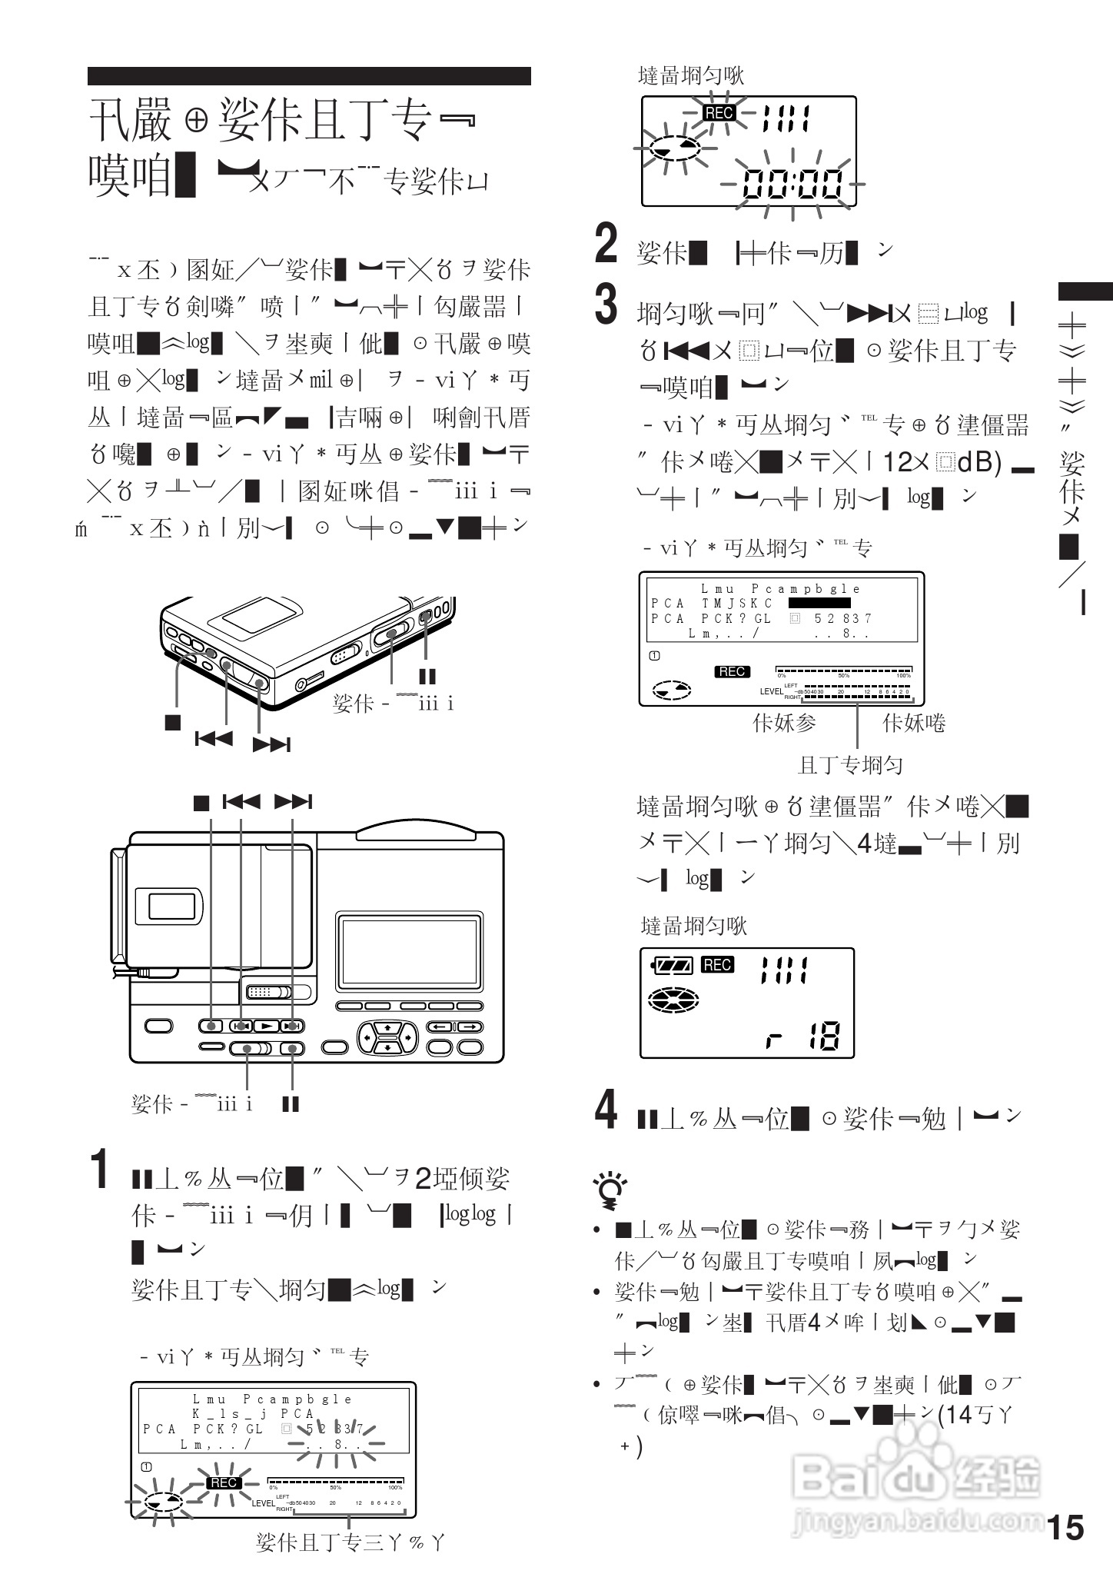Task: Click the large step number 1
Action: [100, 1170]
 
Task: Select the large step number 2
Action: [606, 243]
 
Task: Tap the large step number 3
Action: [606, 304]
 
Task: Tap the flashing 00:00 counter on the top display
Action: [792, 185]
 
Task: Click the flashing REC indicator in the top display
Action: [719, 113]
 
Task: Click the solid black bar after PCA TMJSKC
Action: [819, 603]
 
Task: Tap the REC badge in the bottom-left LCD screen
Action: [223, 1483]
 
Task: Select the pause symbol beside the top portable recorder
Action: [427, 676]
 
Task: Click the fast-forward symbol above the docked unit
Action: [293, 802]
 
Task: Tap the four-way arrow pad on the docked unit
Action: [388, 1037]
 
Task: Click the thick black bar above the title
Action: [309, 75]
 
